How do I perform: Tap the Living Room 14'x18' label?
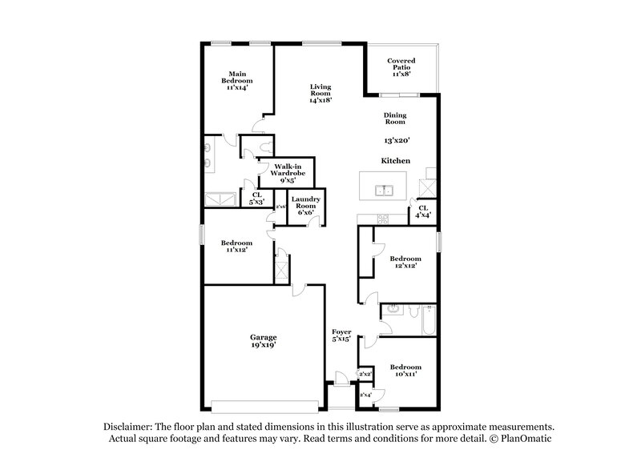pos(320,94)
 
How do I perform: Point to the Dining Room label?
pos(394,119)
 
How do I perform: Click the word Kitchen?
pos(396,161)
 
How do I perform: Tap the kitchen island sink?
pos(386,191)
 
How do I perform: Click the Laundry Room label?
pos(305,206)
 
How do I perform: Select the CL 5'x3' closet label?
pos(257,198)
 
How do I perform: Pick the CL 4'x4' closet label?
pos(422,211)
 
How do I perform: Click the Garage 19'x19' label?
pos(263,340)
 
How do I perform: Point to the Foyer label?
pos(342,335)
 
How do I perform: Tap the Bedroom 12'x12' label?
pos(405,263)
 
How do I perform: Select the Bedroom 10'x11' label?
pos(405,371)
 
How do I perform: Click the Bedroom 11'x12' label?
pos(236,246)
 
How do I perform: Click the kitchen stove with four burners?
pos(383,219)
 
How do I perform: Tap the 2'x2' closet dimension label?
pos(365,374)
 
